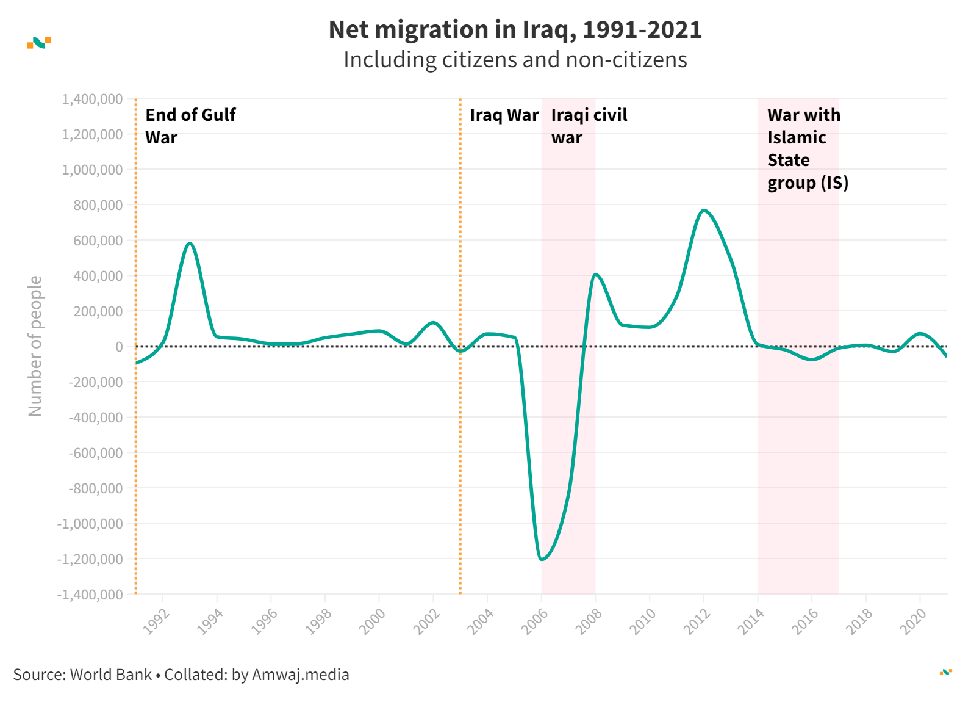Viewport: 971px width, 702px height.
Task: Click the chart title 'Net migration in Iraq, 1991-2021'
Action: [515, 30]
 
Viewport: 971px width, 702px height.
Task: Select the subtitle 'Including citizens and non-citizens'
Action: [515, 60]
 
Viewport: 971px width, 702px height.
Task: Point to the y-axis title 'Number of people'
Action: [35, 346]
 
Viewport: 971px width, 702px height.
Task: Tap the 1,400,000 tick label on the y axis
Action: [92, 99]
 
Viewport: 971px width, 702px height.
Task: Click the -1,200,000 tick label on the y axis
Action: [90, 559]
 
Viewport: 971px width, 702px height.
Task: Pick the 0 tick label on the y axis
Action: [119, 347]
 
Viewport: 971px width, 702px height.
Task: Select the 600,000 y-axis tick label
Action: [98, 241]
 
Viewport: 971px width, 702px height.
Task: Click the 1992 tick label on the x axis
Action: [156, 621]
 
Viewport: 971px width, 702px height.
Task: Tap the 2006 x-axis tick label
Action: [535, 621]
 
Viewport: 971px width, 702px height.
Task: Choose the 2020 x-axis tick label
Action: [914, 621]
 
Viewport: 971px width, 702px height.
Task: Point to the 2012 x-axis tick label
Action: [697, 621]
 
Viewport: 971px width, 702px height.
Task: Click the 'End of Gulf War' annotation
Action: [190, 126]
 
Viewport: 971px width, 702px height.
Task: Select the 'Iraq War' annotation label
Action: [504, 115]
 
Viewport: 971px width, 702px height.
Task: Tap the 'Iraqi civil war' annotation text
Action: [589, 126]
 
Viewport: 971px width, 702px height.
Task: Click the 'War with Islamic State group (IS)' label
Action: [807, 149]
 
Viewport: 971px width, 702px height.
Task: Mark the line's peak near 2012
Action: [704, 211]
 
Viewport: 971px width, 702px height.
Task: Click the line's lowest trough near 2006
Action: [542, 559]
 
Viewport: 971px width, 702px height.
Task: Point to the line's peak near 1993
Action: [190, 244]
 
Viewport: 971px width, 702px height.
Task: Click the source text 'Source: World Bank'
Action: [82, 675]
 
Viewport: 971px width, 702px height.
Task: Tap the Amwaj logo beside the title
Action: [39, 43]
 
